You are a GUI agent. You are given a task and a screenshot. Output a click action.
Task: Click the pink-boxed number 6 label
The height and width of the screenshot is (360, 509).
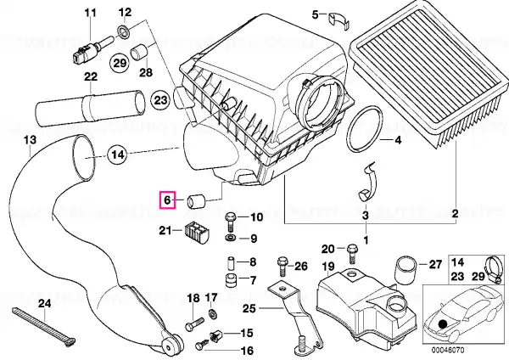click(167, 200)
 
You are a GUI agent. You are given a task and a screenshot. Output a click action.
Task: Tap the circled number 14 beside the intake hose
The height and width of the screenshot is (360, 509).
click(117, 155)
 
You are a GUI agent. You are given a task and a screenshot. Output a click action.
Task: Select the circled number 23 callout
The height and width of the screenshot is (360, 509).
click(160, 100)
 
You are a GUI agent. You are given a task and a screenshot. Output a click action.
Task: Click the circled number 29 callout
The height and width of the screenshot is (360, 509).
click(120, 63)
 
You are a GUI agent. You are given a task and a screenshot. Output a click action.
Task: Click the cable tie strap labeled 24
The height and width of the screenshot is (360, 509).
click(44, 326)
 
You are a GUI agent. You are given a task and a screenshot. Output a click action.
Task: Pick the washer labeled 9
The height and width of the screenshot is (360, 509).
click(231, 237)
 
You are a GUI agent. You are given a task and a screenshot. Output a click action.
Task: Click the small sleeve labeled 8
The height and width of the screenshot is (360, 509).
click(231, 263)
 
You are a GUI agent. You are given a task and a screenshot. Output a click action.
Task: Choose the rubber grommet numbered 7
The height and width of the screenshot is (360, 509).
click(231, 280)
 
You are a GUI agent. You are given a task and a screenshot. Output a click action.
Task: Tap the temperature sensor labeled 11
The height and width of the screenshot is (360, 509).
click(90, 50)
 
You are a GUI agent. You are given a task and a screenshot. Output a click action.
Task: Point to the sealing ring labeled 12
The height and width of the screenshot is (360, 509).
click(123, 31)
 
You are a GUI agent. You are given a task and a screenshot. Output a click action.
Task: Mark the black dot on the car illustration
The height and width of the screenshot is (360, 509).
click(441, 324)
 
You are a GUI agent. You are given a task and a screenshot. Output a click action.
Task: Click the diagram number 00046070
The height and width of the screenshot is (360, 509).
click(448, 350)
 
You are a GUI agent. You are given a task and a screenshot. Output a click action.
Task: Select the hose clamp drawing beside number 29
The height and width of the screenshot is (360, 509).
click(495, 269)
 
